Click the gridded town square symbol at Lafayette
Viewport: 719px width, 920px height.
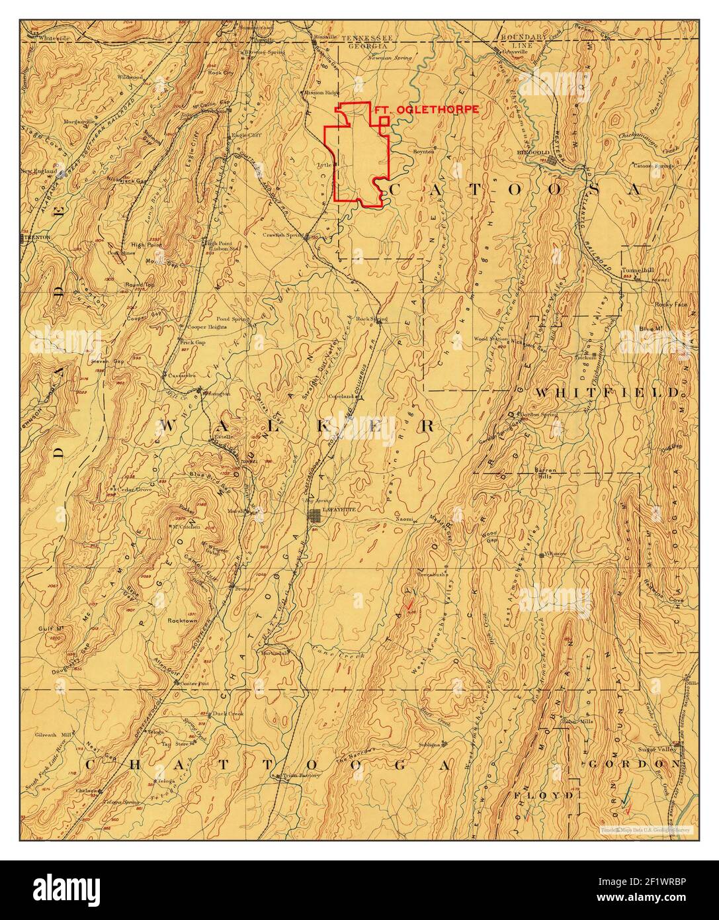click(x=316, y=516)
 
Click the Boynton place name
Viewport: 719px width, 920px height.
click(x=423, y=152)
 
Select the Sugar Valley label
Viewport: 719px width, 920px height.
click(x=656, y=750)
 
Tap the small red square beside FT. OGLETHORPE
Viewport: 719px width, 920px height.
click(x=384, y=121)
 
